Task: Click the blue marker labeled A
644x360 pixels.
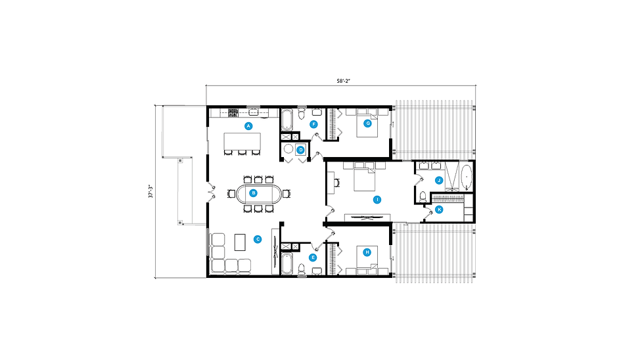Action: click(x=248, y=126)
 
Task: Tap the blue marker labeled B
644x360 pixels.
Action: click(x=254, y=193)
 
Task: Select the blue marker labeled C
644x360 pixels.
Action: click(x=258, y=239)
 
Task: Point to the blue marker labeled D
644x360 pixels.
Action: click(x=301, y=150)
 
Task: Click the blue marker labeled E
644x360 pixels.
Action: click(x=313, y=258)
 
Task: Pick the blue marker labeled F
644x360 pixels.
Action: click(x=314, y=124)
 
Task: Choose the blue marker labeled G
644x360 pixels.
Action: click(x=367, y=123)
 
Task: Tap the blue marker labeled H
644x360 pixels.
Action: click(x=367, y=252)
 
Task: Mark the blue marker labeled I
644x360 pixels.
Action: click(x=377, y=200)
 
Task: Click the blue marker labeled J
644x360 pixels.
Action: click(x=439, y=180)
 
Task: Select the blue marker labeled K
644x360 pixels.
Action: click(x=439, y=210)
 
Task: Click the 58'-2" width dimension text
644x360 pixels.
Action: click(x=343, y=81)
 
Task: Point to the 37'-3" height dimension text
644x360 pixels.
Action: click(x=150, y=192)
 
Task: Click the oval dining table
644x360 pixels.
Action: click(x=258, y=193)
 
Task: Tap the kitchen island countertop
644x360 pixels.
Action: click(x=242, y=141)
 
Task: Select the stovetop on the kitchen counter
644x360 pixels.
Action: click(x=233, y=112)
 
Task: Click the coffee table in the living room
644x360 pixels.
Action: click(x=240, y=242)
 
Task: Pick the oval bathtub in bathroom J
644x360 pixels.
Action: click(x=467, y=177)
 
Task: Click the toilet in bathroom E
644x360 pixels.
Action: click(x=302, y=269)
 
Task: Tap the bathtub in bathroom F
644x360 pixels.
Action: click(x=287, y=120)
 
